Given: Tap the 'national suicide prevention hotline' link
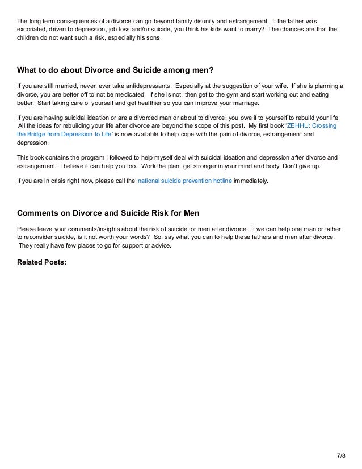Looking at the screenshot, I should (x=185, y=181).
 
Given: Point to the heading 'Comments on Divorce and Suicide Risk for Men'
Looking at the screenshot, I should (x=108, y=213).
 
